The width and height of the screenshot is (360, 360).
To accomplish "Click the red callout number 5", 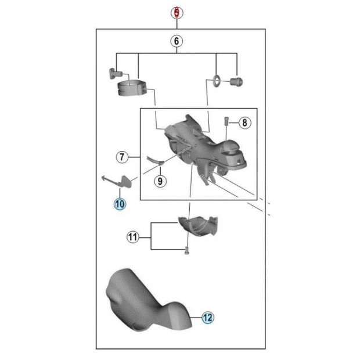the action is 177,13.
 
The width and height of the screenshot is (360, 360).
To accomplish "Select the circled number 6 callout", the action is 177,41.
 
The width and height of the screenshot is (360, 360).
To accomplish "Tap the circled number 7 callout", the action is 122,157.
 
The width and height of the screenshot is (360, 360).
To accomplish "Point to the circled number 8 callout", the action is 245,123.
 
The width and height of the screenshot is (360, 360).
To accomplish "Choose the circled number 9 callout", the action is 160,181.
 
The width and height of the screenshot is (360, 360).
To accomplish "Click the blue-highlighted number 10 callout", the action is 120,204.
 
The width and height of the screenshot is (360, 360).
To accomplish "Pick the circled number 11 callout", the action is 133,237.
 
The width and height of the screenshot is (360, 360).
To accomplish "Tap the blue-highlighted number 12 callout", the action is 207,318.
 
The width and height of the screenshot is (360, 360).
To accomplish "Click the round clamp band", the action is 132,88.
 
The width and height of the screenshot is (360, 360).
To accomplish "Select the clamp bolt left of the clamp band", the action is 115,73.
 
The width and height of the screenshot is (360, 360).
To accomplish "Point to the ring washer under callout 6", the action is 216,81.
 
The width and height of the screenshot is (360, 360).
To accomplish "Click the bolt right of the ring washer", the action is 236,82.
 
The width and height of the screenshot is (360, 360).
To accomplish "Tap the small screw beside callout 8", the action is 226,121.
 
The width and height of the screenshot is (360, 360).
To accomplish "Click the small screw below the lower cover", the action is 186,250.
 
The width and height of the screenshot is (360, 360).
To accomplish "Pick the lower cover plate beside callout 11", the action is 198,225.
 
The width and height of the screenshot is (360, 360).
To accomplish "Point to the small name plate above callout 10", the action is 126,181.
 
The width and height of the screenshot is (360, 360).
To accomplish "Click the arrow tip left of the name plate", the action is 102,178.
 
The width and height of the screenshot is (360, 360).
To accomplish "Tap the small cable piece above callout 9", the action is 155,160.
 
